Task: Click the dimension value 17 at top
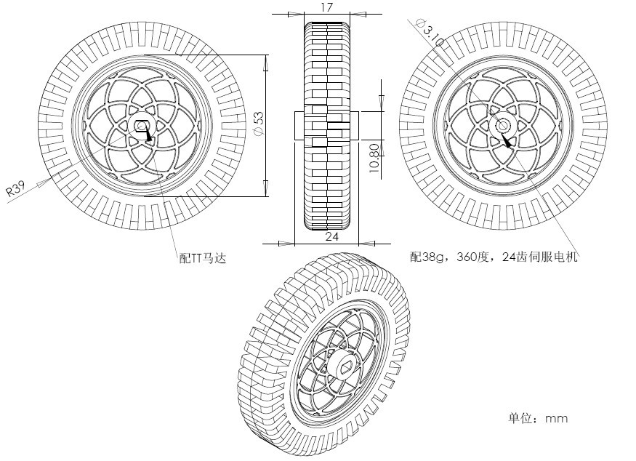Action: tap(326, 7)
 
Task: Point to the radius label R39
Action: tap(15, 191)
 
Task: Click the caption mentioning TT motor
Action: tap(203, 257)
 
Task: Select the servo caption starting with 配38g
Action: tap(494, 257)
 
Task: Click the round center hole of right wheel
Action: tap(503, 126)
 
